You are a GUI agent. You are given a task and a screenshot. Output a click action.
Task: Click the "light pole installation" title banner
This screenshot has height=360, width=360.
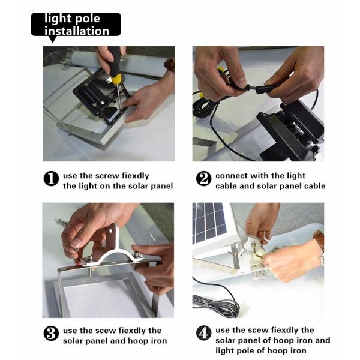click(76, 25)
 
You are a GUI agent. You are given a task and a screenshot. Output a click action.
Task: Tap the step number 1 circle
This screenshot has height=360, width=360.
click(51, 178)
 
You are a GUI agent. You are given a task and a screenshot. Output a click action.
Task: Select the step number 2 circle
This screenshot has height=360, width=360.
click(203, 178)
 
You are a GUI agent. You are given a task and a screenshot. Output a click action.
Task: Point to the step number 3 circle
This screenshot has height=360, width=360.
click(51, 334)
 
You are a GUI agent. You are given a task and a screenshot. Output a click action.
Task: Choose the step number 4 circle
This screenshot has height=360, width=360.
click(203, 334)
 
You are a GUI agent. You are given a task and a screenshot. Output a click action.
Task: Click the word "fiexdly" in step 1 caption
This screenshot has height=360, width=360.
click(135, 176)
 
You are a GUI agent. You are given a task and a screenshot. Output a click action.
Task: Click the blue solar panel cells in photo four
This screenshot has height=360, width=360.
click(208, 221)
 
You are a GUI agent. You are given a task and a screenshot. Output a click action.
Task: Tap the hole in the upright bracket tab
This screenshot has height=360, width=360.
click(112, 231)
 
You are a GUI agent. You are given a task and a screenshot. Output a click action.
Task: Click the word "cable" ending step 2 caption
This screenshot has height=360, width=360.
click(315, 186)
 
